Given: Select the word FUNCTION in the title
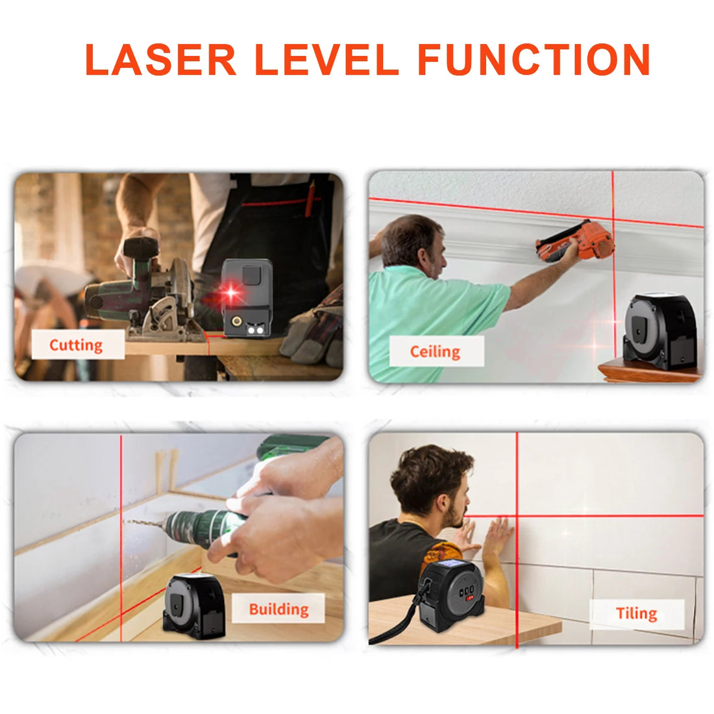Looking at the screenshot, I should click(x=534, y=60).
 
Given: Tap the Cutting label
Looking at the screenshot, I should click(x=77, y=345).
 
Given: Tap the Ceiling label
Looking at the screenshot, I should click(x=436, y=352).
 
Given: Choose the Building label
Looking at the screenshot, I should click(x=279, y=609).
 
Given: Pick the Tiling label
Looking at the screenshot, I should click(x=637, y=613).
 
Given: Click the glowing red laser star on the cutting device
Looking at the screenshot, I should click(x=230, y=293).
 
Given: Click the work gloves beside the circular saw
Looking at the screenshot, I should click(x=315, y=334).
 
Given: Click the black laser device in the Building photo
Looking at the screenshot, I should click(x=194, y=603).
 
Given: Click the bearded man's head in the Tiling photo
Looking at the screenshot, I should click(x=432, y=487).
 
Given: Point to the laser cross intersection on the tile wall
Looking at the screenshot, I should click(x=517, y=517).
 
